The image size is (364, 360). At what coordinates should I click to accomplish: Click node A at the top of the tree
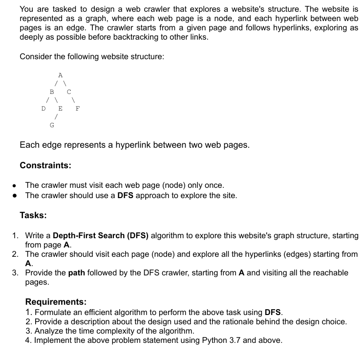coord(60,75)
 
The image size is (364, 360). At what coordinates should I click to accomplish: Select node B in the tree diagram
coord(52,91)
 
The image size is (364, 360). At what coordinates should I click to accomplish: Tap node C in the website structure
coord(69,91)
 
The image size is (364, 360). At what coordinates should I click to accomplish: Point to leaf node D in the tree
coord(43,108)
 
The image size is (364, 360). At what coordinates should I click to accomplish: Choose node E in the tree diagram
coord(60,108)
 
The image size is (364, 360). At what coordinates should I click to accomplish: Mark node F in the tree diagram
coord(77,108)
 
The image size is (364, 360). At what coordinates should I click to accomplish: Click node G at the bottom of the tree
coord(52,125)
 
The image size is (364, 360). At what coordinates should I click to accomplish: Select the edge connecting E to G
coord(56,117)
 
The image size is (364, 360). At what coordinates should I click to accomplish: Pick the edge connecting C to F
coord(73,100)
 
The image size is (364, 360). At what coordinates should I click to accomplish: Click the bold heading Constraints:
coord(45,165)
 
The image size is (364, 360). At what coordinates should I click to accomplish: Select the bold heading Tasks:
coord(33,215)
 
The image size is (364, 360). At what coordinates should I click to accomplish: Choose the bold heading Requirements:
coord(56,302)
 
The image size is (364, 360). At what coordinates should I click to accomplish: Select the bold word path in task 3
coord(77,272)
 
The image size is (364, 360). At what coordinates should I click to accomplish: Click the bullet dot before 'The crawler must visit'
coord(15,186)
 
